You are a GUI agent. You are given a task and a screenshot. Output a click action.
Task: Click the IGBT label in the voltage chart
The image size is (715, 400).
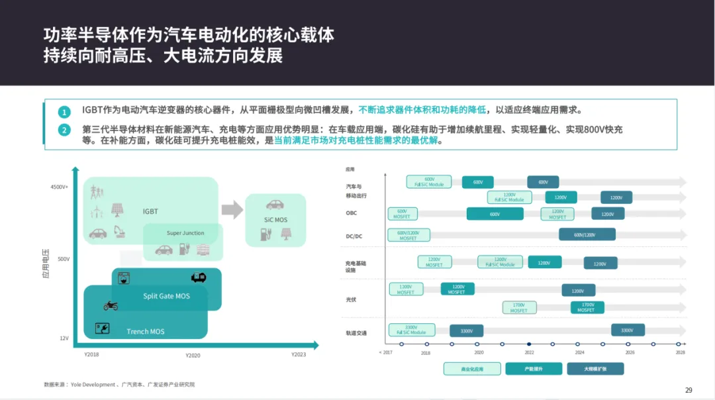coord(150,211)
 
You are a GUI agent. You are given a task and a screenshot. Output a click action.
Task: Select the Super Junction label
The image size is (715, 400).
coord(185,233)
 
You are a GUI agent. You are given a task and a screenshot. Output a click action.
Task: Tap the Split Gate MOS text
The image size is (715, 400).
coord(166,296)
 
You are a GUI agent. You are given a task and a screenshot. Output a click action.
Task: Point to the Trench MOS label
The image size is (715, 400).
coord(146,331)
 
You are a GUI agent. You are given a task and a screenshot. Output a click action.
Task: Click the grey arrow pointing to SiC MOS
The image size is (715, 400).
coord(232,210)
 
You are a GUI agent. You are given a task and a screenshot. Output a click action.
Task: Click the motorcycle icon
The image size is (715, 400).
coord(111,305)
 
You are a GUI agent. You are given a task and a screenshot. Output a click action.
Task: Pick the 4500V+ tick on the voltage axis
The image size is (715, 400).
coord(60,187)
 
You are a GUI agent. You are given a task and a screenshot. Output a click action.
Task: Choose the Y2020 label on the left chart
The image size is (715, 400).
coord(193,356)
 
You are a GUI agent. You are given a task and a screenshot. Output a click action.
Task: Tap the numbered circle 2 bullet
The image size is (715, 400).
coord(64,130)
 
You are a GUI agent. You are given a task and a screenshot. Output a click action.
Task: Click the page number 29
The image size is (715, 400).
coord(689,389)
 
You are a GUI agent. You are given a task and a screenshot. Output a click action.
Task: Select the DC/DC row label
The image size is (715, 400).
coord(356,236)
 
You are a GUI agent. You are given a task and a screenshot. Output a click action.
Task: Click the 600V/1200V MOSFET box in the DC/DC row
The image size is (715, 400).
coord(408,235)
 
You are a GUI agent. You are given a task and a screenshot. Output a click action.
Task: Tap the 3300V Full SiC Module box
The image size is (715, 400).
coord(411,330)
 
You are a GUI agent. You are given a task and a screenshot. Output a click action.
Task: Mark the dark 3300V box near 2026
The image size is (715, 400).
coord(627,330)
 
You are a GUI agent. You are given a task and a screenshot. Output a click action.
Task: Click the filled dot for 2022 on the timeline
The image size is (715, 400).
coord(529,344)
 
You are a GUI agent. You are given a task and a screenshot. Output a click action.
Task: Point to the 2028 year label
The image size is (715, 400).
coord(680,353)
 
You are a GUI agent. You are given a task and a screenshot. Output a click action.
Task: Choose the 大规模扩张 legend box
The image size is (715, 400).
coord(595,368)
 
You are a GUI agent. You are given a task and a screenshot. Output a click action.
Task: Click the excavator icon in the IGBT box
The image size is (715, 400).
coord(120,231)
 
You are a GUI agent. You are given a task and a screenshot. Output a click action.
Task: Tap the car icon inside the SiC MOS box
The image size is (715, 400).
coord(275,205)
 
